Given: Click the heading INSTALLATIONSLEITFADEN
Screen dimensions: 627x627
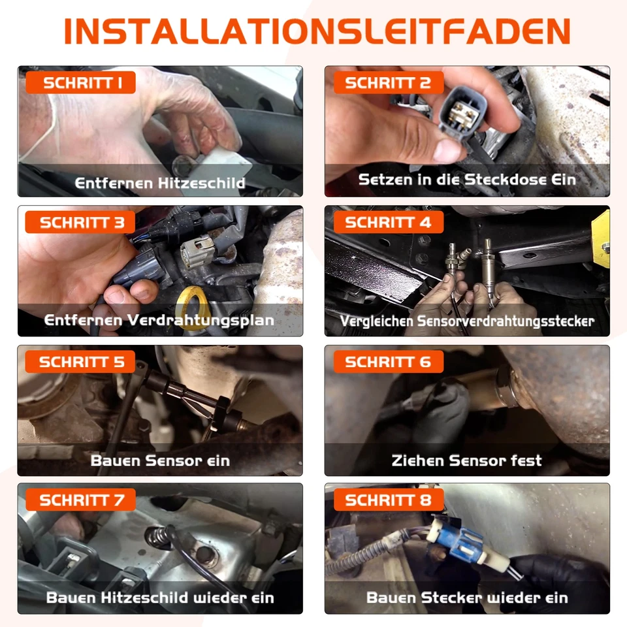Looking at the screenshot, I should pos(317,31).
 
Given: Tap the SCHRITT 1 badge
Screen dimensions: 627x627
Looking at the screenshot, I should pos(80,83).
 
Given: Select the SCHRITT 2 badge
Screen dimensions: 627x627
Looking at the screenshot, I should pos(388,83).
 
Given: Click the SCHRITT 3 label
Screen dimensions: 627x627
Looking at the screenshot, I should pos(80,222).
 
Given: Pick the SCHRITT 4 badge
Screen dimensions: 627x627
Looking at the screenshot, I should pos(388,222).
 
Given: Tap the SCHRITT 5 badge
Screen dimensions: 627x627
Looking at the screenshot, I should pos(80,361).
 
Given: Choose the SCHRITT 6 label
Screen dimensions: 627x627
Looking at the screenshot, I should pos(388,361).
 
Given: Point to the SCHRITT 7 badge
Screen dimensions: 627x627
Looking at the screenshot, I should pos(80,500).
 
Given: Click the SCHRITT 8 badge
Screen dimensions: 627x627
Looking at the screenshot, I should pos(388,500).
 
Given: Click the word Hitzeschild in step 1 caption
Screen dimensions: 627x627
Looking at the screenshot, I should pos(202,183).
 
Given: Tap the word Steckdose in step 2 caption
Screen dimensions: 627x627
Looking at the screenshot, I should pos(501,178).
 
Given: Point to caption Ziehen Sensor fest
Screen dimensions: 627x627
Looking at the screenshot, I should pos(466,460).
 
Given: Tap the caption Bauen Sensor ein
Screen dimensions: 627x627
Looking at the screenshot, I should pos(160,460).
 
